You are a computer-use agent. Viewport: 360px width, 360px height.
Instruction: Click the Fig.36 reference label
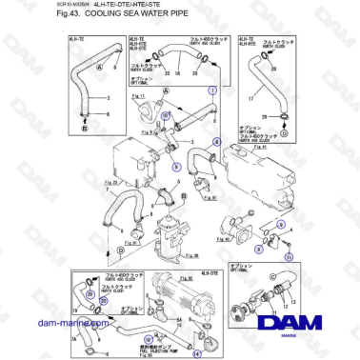[x=170, y=256]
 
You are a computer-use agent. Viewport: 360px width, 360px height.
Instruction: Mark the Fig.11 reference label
[x=137, y=97]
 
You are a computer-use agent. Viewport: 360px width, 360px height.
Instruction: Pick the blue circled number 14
[x=197, y=350]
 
